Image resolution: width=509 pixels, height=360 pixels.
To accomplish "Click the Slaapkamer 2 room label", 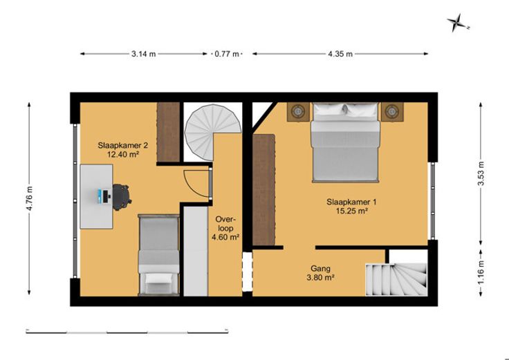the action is (122, 149).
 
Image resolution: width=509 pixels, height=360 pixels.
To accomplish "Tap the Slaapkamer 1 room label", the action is (351, 207).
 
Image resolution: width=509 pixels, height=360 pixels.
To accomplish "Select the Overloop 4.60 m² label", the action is (225, 227).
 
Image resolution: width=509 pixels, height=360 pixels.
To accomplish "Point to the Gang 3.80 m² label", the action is (320, 273).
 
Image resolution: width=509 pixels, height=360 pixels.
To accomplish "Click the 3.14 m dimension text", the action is (143, 54).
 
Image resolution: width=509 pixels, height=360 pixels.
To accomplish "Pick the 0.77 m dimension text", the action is (227, 54).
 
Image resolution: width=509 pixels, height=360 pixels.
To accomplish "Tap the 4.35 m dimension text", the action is (340, 54).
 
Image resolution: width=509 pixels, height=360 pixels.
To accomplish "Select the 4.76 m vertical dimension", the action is (30, 198).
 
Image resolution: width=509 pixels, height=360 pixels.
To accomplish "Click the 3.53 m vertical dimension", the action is (481, 173).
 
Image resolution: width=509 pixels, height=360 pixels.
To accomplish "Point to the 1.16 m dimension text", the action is (481, 272).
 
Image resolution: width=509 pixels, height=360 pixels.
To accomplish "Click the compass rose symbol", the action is (457, 23).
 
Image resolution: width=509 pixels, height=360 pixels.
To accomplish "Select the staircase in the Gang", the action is (396, 280).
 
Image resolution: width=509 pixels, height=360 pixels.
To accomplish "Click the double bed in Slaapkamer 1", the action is (345, 142).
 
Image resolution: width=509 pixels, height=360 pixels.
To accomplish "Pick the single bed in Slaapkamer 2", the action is (158, 255).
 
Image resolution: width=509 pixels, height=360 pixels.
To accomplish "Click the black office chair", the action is (122, 197).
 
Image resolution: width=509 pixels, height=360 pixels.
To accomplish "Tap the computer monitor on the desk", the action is (100, 196).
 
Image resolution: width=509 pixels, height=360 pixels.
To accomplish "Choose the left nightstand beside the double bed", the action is (298, 112).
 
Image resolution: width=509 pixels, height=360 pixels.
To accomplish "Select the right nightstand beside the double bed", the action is (392, 112).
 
